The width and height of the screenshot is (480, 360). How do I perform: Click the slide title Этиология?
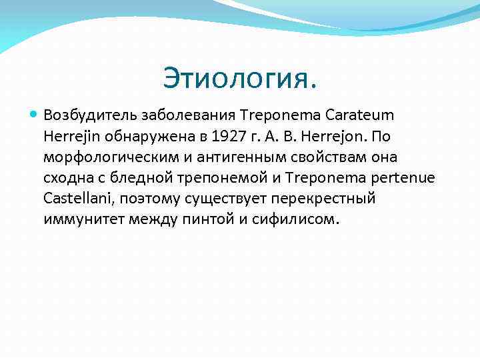240,80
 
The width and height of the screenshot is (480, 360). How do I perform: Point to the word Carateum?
359,115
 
